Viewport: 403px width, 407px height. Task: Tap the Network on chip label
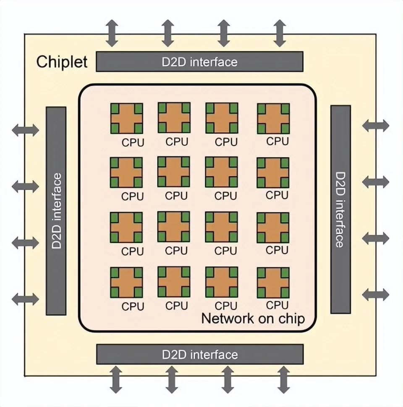pyautogui.click(x=253, y=318)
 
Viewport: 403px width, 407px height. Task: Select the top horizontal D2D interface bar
pyautogui.click(x=199, y=62)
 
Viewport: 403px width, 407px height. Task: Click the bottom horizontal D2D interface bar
pyautogui.click(x=199, y=354)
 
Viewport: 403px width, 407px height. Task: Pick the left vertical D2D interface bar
pyautogui.click(x=56, y=210)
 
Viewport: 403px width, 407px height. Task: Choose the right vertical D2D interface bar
pyautogui.click(x=340, y=209)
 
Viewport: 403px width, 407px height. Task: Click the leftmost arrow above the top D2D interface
pyautogui.click(x=112, y=33)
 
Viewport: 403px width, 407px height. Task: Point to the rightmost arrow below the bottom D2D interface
pyautogui.click(x=283, y=379)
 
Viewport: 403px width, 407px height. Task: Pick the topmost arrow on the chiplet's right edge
pyautogui.click(x=376, y=125)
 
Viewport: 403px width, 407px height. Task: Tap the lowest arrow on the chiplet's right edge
pyautogui.click(x=376, y=294)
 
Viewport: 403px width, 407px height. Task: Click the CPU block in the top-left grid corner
pyautogui.click(x=126, y=119)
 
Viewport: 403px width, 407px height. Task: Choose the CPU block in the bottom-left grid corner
pyautogui.click(x=126, y=283)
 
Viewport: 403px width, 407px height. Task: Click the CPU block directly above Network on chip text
pyautogui.click(x=273, y=282)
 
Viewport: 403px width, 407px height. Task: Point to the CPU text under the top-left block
pyautogui.click(x=133, y=142)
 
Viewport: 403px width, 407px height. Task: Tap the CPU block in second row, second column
pyautogui.click(x=174, y=172)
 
